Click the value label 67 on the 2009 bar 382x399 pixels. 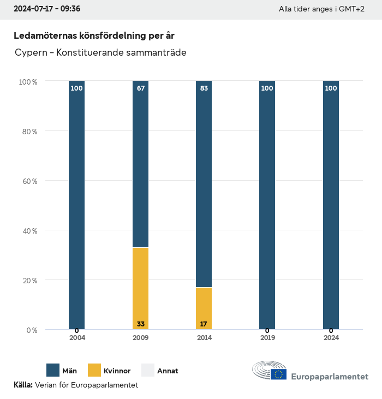[140, 88]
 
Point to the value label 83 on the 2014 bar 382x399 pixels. [204, 88]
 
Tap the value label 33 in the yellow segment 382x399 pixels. [140, 324]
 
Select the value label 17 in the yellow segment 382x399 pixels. [204, 324]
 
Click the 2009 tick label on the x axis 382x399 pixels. [140, 338]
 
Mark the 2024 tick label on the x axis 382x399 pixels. [331, 338]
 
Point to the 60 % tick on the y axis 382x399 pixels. [28, 181]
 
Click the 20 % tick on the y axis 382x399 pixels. [28, 281]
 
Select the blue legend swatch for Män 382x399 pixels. [53, 371]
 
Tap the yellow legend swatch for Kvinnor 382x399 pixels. [94, 371]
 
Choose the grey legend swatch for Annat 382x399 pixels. [148, 371]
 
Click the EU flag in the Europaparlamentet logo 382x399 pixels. [279, 374]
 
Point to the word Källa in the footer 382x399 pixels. [23, 385]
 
